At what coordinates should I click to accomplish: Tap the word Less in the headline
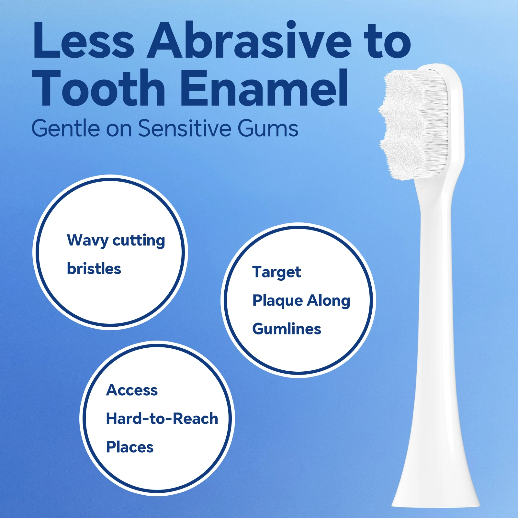83,40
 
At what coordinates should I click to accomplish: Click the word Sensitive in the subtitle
184,128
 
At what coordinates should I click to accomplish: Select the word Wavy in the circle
87,241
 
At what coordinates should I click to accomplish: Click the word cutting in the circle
139,241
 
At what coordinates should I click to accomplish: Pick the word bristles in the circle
94,269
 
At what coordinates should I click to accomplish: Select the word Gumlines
287,329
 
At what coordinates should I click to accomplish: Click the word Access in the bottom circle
132,390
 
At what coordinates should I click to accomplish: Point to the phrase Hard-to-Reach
162,419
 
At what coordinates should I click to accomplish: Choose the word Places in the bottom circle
130,447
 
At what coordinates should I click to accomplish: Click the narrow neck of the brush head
435,259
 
